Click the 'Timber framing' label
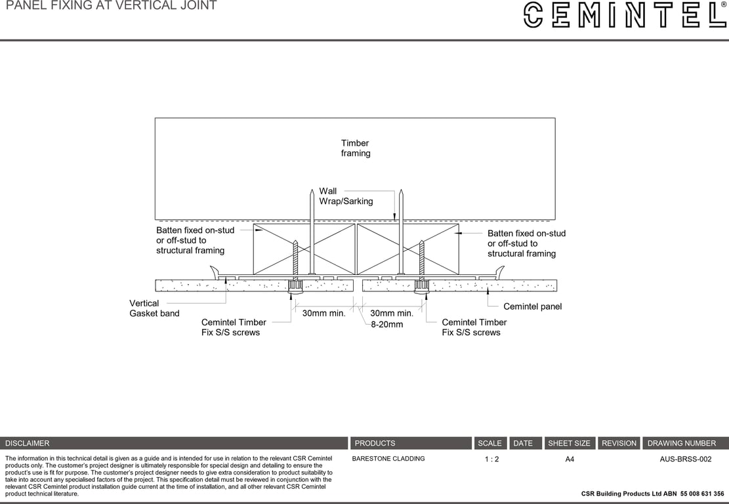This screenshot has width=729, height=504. point(356,148)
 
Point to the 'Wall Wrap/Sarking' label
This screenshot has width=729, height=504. point(346,196)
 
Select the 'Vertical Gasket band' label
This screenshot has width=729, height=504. point(154,308)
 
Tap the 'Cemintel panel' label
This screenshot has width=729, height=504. point(532,306)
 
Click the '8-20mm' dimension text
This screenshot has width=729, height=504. point(386,324)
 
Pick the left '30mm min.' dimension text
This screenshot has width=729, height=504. point(323,314)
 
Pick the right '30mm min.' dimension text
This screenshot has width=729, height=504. point(392,314)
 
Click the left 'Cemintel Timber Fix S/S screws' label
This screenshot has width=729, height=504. point(234,327)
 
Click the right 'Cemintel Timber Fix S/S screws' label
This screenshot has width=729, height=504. point(474,327)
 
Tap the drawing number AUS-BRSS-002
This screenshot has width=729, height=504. point(685,459)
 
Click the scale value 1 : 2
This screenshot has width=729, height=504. point(491,459)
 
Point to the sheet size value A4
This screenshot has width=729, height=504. point(570,459)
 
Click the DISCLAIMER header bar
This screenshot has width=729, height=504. point(174,443)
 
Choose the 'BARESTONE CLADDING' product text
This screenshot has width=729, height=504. point(388,459)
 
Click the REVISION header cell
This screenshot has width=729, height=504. point(619,443)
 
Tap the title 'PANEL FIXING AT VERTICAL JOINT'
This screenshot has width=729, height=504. point(111,6)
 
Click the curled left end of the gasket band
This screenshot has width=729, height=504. point(214,272)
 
